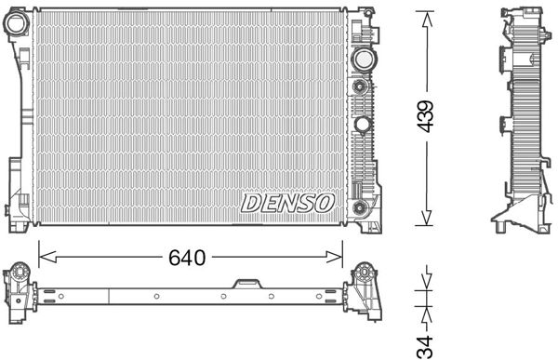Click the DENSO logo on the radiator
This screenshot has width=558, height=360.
pos(287,203)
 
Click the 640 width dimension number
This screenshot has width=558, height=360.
pos(186,256)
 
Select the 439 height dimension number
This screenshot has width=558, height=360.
pos(425,116)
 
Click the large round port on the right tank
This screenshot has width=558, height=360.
pos(362,60)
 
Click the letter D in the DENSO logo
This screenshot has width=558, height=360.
pos(251,203)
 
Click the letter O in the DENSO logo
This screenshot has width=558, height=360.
pos(325,203)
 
